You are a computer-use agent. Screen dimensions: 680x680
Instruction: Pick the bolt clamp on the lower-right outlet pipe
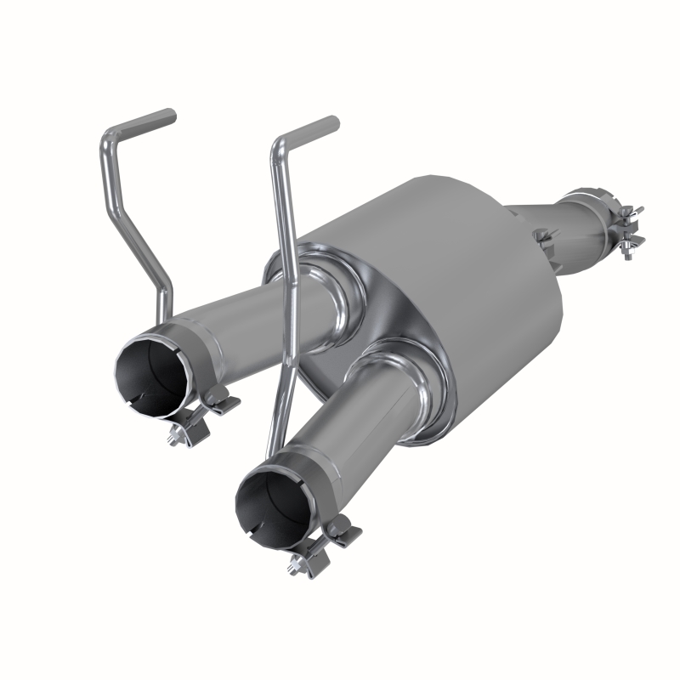click(x=327, y=544)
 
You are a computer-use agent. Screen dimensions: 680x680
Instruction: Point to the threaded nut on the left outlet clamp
click(x=177, y=435)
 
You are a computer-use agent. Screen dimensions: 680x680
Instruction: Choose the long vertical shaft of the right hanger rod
click(x=285, y=280)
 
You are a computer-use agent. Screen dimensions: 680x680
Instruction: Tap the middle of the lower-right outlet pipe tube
click(x=357, y=442)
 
